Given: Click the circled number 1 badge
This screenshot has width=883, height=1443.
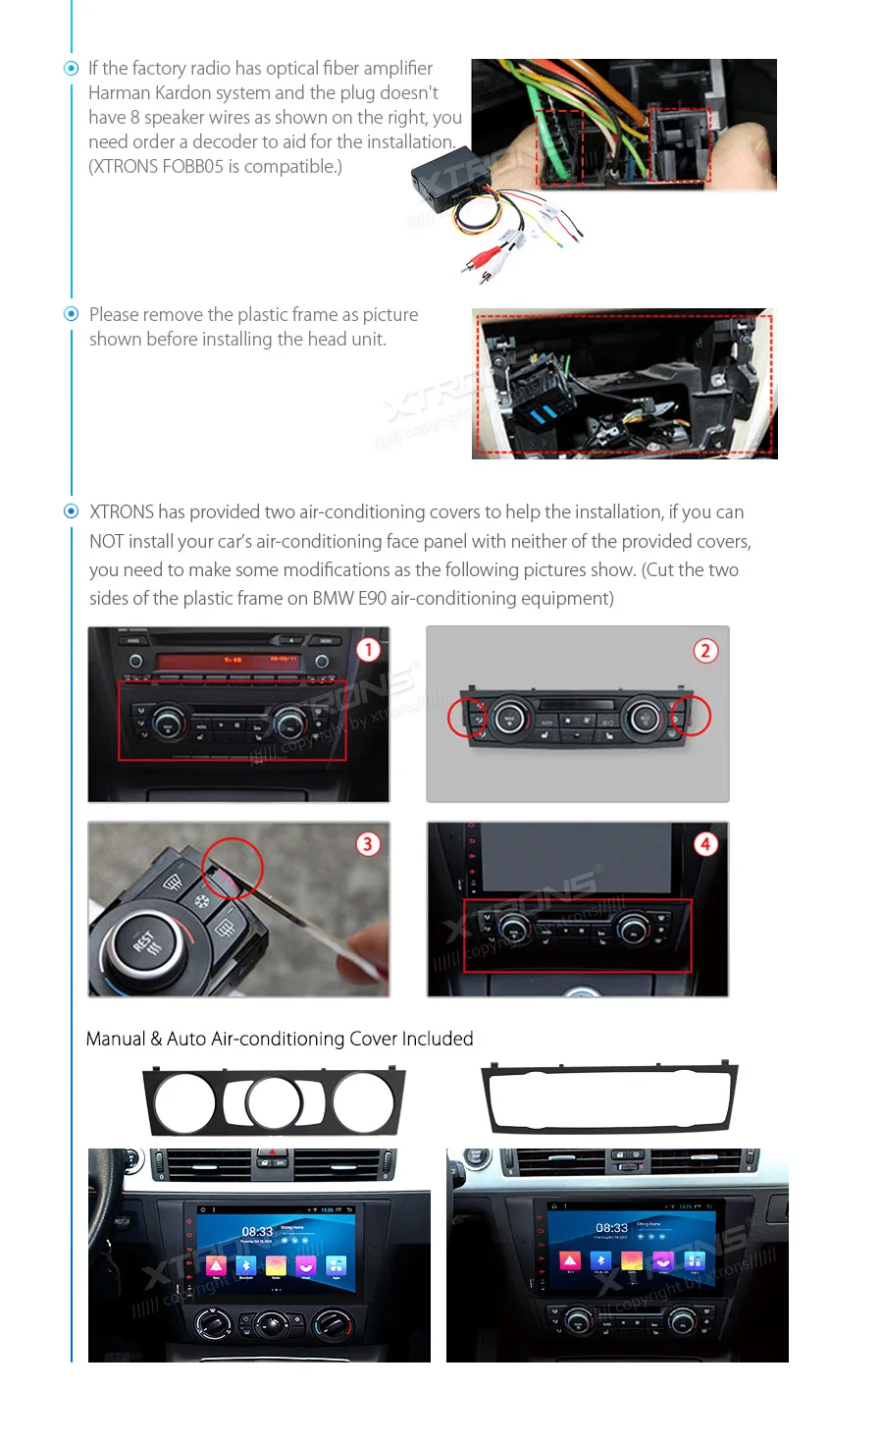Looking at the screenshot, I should (368, 650).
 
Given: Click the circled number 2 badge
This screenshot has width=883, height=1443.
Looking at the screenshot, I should (705, 651).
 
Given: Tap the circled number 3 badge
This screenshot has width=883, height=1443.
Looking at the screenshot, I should (368, 844).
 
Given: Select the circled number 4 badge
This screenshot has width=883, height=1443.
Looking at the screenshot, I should (705, 844).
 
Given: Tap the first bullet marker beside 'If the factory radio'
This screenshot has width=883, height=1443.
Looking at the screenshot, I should (71, 69).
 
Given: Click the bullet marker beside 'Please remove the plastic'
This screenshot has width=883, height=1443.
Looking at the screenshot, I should (71, 314).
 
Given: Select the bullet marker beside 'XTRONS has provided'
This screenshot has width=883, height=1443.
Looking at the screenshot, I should (71, 511).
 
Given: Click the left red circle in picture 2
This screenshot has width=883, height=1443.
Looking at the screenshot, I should (468, 717).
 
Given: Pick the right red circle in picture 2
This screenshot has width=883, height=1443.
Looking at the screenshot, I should (691, 716).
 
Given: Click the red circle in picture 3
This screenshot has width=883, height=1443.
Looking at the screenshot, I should (233, 868).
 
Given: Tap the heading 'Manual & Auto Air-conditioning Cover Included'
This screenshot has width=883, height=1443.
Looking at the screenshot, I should (280, 1039).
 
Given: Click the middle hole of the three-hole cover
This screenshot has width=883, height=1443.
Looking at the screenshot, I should (274, 1103).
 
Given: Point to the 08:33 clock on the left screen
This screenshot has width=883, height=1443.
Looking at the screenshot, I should (257, 1231).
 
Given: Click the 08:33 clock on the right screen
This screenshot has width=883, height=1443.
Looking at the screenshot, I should (611, 1228).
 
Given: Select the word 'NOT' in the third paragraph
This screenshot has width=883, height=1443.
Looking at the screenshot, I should (106, 541).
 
